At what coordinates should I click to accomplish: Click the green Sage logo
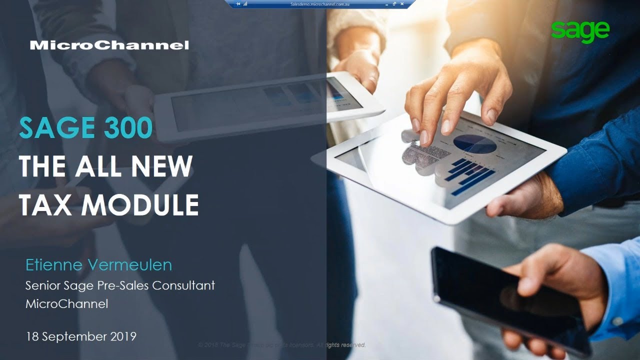(580, 31)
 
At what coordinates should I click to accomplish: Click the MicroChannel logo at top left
(109, 45)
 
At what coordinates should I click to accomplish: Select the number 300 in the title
(128, 128)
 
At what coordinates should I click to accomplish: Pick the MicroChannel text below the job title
(66, 303)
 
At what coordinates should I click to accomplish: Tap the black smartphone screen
(500, 295)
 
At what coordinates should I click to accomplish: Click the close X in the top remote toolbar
(402, 3)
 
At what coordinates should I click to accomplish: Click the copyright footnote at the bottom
(282, 345)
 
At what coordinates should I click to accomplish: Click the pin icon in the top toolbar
(237, 3)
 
